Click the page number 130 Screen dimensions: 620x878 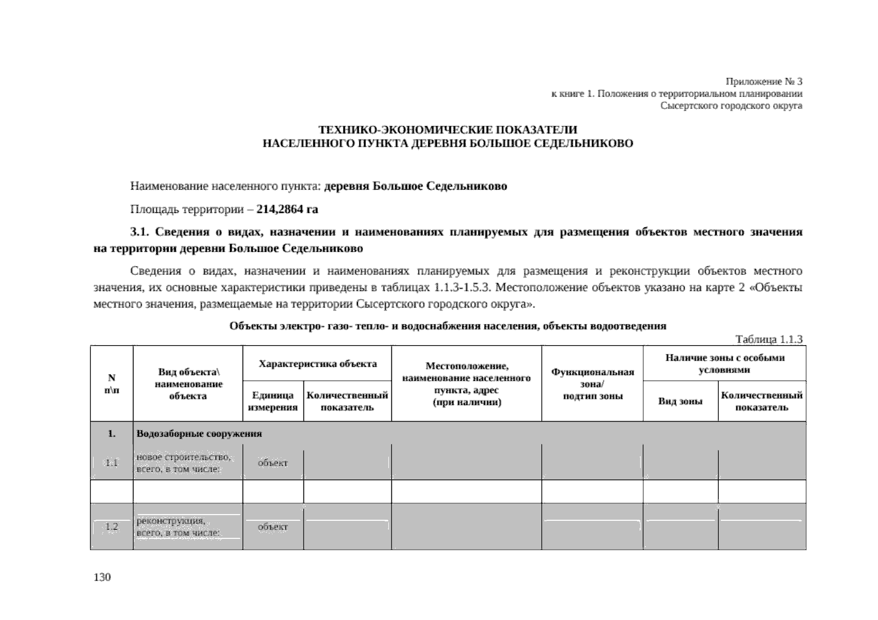102,577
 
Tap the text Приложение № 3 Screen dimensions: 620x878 764,82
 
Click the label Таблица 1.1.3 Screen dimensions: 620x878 768,339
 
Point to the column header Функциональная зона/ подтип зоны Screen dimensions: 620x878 593,384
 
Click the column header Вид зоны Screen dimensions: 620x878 680,401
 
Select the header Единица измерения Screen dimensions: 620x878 273,401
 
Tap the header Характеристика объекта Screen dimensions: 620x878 317,364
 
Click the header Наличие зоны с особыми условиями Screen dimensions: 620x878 724,364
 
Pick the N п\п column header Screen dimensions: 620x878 111,384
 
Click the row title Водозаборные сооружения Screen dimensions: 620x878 199,433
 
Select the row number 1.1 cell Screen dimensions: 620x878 112,463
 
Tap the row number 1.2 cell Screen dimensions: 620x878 112,527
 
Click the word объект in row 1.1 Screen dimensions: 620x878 273,463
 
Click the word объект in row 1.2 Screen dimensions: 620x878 273,527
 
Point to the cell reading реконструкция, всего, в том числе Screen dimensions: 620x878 178,527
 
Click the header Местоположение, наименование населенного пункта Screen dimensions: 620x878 466,384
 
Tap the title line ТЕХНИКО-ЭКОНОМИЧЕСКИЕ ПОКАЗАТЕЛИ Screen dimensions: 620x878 447,129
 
